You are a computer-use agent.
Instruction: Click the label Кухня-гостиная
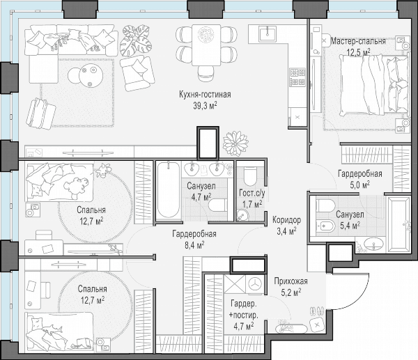pos(205,95)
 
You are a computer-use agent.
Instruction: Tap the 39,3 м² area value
pos(205,106)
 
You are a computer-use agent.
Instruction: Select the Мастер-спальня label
pos(358,41)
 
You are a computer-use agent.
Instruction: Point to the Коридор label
pos(286,220)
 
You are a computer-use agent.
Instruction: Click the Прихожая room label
pos(291,281)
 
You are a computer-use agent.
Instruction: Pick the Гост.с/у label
pos(252,193)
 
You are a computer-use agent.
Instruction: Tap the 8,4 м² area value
pos(194,245)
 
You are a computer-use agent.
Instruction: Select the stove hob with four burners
pos(297,77)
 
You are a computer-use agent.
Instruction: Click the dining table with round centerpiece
pos(206,45)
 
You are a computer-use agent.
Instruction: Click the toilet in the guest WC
pos(250,176)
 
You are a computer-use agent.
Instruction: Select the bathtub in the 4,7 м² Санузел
pos(168,191)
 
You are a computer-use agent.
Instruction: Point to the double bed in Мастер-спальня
pos(373,85)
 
